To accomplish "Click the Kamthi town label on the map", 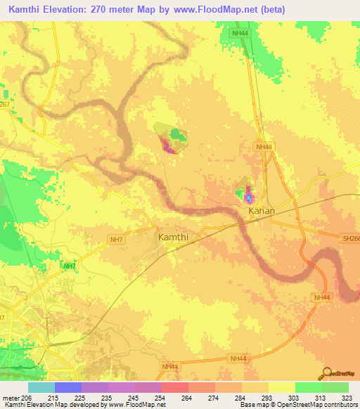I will click(x=172, y=238).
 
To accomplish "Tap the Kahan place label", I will click(x=261, y=210).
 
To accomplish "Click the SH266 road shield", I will click(x=351, y=238).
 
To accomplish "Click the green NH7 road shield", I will click(x=69, y=266).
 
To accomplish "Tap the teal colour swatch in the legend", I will click(x=41, y=387).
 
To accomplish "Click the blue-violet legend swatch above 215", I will click(x=68, y=387).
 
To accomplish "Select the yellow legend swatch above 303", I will click(x=281, y=387).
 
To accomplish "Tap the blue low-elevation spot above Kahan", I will click(x=248, y=196).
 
